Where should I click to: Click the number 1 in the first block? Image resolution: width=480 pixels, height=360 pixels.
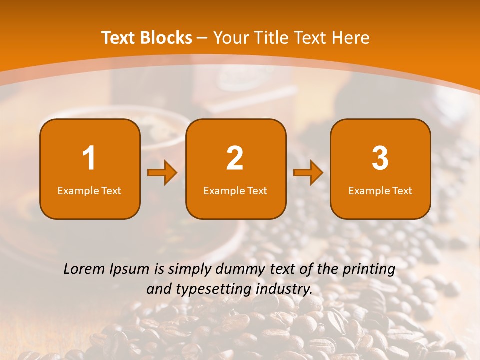point(89,158)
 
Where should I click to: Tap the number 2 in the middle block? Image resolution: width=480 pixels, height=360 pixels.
point(235,158)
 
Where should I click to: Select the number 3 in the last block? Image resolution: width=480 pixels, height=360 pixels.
point(380,158)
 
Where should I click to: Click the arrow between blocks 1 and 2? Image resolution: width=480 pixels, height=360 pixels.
point(162,173)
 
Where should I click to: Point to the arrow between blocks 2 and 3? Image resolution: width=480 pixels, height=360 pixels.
point(308,173)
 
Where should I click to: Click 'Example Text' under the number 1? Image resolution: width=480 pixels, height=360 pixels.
point(89,190)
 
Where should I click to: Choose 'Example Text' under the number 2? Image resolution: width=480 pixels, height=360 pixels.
point(235,190)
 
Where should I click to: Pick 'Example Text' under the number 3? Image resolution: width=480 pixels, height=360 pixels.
point(380,190)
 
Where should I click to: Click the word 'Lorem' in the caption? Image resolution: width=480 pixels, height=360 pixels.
point(84,269)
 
